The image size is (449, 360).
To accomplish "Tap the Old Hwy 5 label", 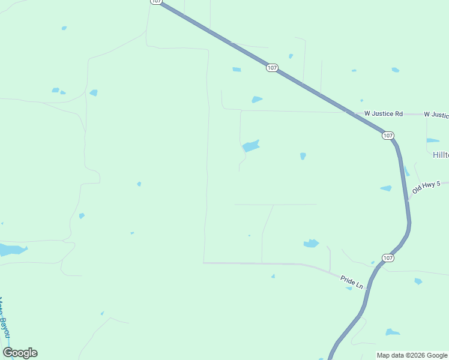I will coord(426,188).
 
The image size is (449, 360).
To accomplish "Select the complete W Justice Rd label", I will coord(383,113).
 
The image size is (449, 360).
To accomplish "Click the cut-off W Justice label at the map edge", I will coord(436,114).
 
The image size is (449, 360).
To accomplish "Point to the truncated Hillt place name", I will coord(441,155).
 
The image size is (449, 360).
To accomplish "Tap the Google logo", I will coord(20,353).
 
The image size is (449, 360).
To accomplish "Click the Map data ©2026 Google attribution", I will coord(412,355).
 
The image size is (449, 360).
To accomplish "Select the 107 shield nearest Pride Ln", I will coord(388,258).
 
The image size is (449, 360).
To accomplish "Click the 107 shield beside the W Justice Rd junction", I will coord(388,136).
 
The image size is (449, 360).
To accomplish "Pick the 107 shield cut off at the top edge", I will coord(155,2).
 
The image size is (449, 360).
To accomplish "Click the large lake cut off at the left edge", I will coord(11,250).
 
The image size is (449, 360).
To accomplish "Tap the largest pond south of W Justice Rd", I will coord(250,146).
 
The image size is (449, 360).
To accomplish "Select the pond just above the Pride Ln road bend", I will coord(311,243).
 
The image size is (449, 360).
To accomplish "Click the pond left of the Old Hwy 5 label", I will coord(386,188).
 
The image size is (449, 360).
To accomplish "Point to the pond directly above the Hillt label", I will coord(433,140).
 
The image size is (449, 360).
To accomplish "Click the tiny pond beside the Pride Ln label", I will coord(349,289).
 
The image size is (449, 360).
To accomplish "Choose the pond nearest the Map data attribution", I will coord(392,332).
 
